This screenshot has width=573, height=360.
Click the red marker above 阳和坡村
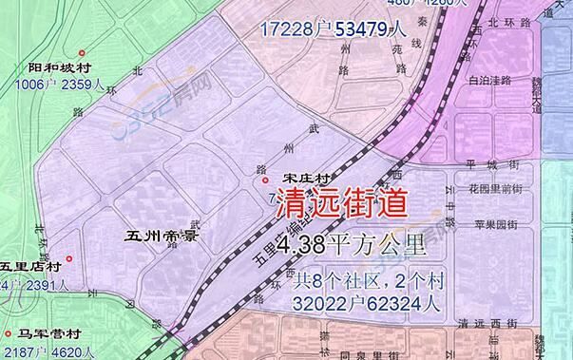point(83,52)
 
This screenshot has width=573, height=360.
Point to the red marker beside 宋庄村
point(264,180)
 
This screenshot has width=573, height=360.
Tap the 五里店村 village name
point(30,267)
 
